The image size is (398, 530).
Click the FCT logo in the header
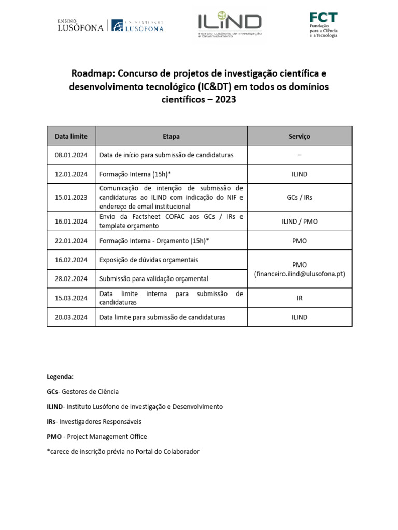click(323, 25)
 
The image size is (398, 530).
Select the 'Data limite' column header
click(71, 136)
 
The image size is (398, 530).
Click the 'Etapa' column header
click(171, 136)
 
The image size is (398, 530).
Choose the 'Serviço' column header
click(299, 136)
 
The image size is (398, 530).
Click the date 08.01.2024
click(71, 155)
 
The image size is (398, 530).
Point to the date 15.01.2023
click(71, 197)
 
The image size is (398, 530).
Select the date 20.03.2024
click(71, 317)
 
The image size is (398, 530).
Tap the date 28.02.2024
click(71, 278)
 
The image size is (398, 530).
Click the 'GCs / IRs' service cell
click(299, 197)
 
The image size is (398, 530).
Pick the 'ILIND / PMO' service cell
click(299, 221)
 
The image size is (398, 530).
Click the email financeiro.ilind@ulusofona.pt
click(299, 274)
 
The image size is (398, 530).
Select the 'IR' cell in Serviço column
click(299, 298)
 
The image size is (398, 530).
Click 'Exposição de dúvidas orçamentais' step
click(149, 260)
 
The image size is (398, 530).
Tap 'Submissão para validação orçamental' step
click(153, 278)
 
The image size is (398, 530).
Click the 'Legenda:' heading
click(60, 376)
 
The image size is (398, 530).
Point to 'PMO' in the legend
click(54, 436)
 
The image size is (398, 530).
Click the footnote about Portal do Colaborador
click(123, 451)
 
